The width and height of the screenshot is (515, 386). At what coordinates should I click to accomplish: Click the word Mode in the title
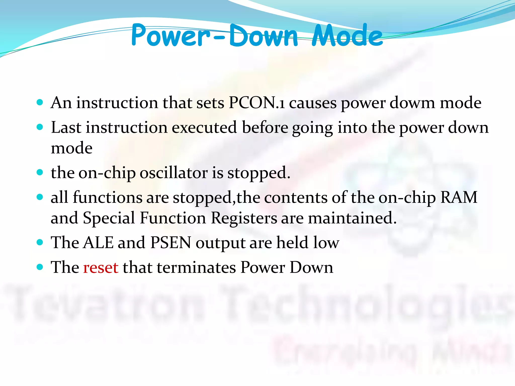coord(347,36)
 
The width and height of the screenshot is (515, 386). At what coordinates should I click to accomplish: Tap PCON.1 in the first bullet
coord(257,103)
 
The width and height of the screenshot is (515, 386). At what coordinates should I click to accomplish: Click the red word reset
coord(101,267)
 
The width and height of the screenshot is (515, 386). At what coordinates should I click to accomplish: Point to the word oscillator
coord(174,173)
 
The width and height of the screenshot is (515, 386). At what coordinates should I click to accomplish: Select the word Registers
coord(244,218)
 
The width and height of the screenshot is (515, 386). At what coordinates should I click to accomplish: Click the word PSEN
coord(171,243)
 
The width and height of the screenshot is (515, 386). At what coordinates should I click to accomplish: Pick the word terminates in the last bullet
coord(196,267)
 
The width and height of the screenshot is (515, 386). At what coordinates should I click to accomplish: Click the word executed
coord(204,127)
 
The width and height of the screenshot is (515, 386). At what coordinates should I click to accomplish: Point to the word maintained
coord(352,218)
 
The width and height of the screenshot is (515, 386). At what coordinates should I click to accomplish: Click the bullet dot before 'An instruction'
coord(40,102)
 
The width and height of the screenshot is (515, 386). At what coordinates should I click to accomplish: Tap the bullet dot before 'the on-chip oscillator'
coord(40,172)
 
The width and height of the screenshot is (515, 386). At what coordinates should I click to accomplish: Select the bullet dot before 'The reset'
coord(40,267)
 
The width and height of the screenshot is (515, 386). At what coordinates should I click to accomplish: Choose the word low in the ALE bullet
coord(327,243)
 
